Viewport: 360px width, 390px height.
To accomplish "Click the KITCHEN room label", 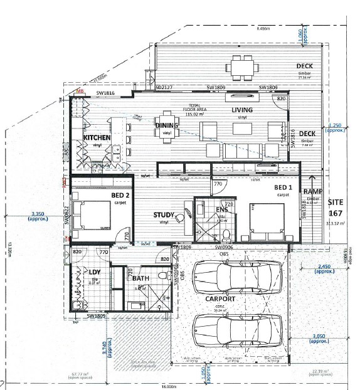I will point(97,137).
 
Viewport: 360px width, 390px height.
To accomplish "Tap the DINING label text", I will point(167,125).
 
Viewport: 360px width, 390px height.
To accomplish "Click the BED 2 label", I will point(120,195).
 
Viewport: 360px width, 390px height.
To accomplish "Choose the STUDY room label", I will point(164,215).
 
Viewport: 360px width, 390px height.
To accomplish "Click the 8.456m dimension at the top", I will point(265,28).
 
